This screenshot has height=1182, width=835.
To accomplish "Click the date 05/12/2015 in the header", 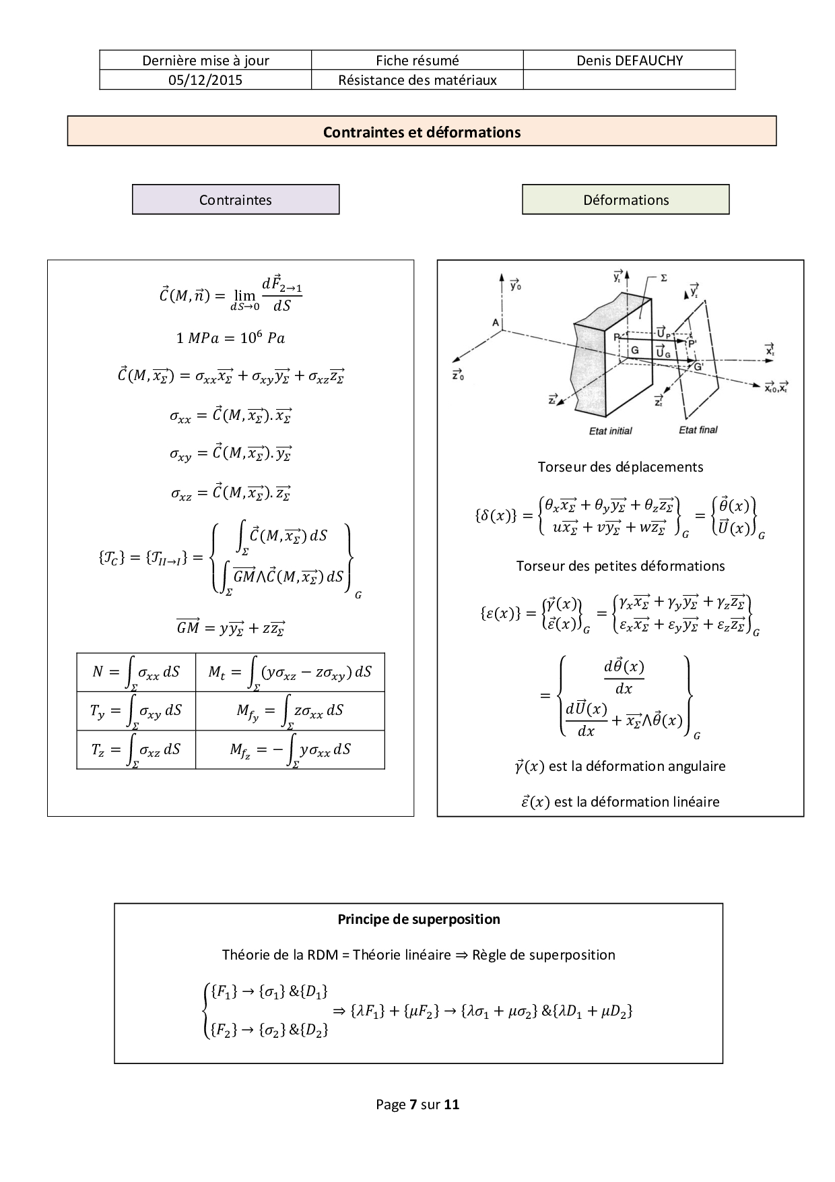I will (205, 80).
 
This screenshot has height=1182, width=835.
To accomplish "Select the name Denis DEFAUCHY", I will (629, 61).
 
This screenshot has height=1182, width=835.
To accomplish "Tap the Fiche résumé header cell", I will (417, 61).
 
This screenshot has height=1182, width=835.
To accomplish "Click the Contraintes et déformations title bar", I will (422, 131).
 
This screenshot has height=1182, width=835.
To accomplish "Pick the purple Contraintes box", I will (236, 200).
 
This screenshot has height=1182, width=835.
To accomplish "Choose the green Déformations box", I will (626, 200).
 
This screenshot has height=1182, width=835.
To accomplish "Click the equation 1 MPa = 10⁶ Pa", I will (230, 338).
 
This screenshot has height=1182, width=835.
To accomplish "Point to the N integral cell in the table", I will (136, 673).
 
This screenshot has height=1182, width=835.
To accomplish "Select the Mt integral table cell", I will (290, 673).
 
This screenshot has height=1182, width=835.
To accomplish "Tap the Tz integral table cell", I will (136, 750).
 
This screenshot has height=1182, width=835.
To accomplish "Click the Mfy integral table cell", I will (290, 711).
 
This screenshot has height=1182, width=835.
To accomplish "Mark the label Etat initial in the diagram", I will (610, 431).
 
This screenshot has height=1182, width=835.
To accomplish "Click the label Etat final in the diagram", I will (698, 430).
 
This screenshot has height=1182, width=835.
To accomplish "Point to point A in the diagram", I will (496, 323).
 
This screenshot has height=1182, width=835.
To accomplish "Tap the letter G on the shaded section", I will (634, 350).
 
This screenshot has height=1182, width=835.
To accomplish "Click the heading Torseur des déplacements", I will (620, 467).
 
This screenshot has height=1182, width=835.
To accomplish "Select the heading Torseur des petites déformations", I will (620, 566).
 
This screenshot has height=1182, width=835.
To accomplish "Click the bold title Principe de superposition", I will (418, 919).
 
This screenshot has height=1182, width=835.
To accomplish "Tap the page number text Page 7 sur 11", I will (417, 1105).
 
